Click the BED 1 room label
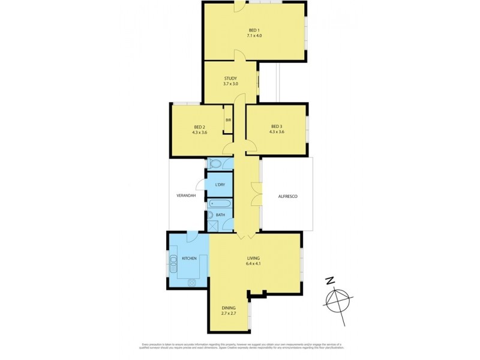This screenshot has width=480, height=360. [x=254, y=30]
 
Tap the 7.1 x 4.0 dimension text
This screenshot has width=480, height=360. [x=254, y=36]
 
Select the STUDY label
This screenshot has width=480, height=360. [x=231, y=78]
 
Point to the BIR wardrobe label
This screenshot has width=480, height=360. [x=228, y=120]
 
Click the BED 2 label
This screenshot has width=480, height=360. [x=200, y=127]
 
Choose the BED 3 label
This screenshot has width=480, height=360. [x=277, y=127]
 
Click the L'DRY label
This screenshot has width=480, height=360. [x=220, y=185]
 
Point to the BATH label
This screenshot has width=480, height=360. [x=220, y=215]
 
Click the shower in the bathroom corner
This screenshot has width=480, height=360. [x=213, y=226]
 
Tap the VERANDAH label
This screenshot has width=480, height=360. [x=185, y=195]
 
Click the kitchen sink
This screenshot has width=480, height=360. [x=174, y=261]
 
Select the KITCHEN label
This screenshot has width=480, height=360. [x=189, y=258]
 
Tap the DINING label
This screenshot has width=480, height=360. [x=228, y=308]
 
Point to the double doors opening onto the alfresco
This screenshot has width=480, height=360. [x=257, y=196]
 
